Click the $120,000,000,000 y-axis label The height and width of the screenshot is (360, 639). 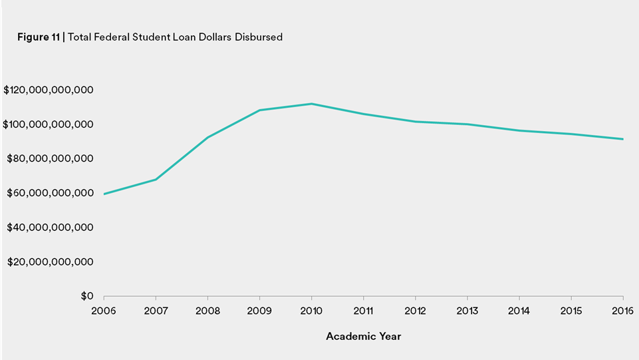coord(48,90)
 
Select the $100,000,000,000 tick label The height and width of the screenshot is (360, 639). coord(48,124)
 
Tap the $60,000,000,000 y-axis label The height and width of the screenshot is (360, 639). coord(51,193)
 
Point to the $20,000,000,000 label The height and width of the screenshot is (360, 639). coord(51,262)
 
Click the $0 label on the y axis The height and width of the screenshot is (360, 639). coord(87,296)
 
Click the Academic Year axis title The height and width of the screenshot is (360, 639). coord(363,336)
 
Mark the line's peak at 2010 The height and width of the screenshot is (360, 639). coord(311,104)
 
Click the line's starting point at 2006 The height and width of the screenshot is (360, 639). coord(104,194)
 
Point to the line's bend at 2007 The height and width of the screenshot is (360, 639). coord(156,179)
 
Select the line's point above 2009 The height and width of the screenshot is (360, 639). coord(259,110)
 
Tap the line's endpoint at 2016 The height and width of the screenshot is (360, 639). coord(622,139)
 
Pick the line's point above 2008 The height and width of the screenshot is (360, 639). coord(207,138)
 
